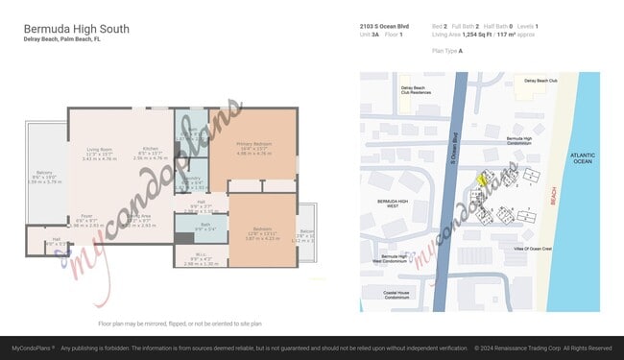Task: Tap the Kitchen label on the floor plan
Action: pos(150,150)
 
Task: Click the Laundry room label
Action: pos(192,180)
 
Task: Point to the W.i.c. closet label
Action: pos(189,256)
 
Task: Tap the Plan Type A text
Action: pos(447,51)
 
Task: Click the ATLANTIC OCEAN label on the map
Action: pos(582,158)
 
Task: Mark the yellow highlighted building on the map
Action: pos(484,177)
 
